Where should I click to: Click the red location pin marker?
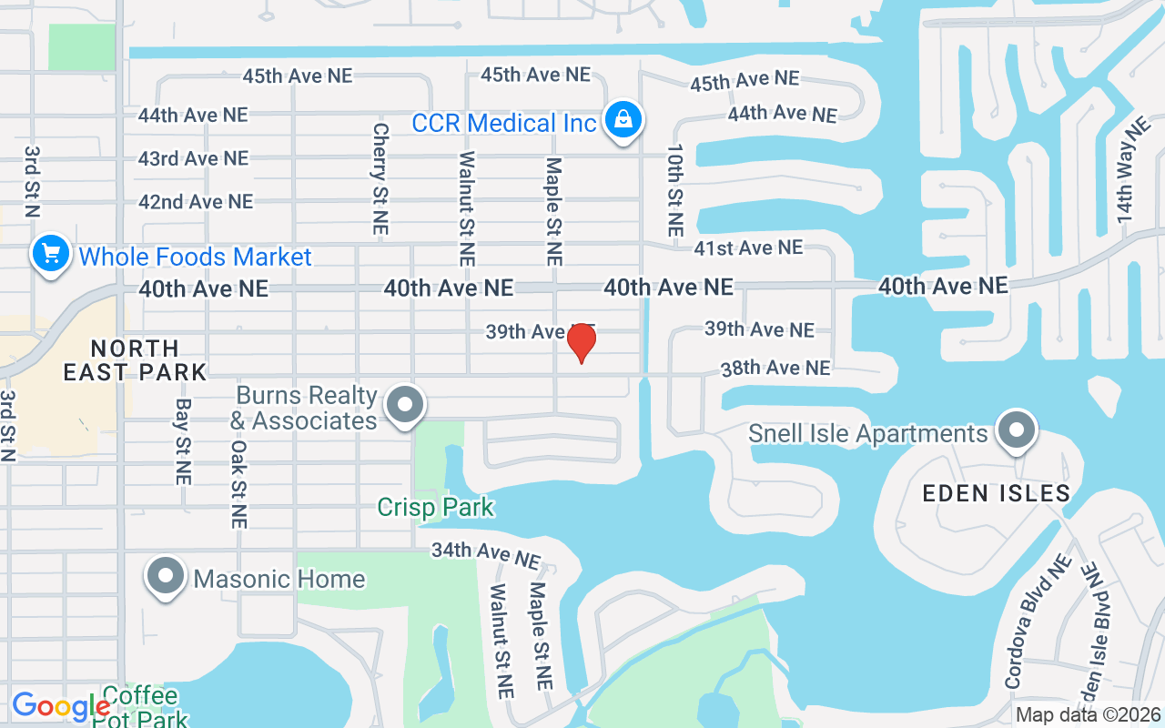[x=581, y=342]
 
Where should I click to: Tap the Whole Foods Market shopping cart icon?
[x=51, y=254]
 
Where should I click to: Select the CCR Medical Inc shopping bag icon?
[x=623, y=120]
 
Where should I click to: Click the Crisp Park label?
[x=436, y=507]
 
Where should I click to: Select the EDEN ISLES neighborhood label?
[x=996, y=493]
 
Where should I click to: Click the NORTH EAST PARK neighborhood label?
[x=135, y=359]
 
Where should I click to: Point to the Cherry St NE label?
[x=380, y=179]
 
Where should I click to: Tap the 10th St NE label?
[x=674, y=190]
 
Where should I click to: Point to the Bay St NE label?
[x=183, y=440]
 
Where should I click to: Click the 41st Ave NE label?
[x=748, y=248]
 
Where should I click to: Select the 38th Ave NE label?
[x=775, y=368]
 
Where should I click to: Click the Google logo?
[x=60, y=706]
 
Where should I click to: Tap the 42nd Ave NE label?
[x=196, y=201]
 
